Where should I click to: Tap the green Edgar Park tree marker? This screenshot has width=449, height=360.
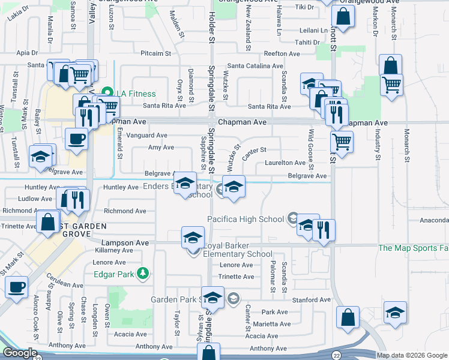tap(143, 274)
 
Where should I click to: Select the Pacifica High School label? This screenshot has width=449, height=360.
tap(247, 219)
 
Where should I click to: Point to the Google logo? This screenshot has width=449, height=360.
tap(20, 353)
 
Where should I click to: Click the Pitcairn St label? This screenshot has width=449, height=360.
tap(156, 53)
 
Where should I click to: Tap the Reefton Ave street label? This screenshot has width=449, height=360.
tap(281, 54)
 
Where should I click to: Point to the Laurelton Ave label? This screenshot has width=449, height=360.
tap(285, 163)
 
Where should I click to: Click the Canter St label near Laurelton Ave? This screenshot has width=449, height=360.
tap(254, 150)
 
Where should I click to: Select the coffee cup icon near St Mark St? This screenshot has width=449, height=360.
tap(17, 286)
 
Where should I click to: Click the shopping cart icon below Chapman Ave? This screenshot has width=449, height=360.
tap(341, 142)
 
